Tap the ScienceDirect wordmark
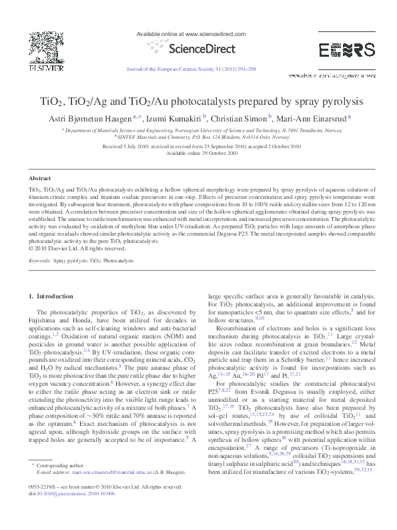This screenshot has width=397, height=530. pos(200,48)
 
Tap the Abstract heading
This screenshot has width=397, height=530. pos(39,179)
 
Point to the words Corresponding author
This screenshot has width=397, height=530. pos(60,483)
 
